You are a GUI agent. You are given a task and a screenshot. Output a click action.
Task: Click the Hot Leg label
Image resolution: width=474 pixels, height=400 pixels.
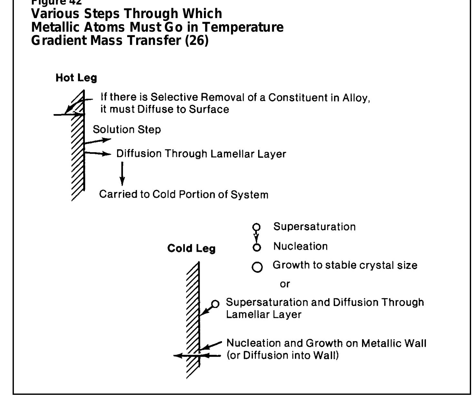[76, 78]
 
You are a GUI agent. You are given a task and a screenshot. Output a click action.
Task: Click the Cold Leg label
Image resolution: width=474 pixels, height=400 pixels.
[191, 248]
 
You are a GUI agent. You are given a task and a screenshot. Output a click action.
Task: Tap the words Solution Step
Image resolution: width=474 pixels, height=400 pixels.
[127, 130]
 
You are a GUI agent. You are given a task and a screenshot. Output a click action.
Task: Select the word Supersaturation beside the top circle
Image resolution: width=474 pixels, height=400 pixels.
[315, 226]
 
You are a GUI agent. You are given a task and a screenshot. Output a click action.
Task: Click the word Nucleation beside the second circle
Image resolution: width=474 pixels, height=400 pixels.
[300, 246]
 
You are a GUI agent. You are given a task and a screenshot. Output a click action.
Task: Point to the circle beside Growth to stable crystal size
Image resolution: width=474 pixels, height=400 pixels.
[257, 267]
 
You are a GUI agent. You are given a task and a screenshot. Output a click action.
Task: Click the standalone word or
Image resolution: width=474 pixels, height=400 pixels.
[285, 284]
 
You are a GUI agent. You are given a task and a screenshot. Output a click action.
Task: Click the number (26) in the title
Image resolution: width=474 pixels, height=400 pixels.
[197, 41]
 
